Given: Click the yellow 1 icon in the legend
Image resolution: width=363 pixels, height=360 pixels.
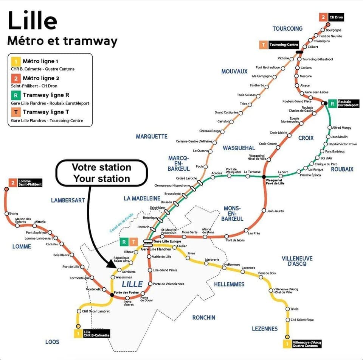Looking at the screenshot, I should point(15,61).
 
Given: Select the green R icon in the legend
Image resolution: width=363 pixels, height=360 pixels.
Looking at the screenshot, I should point(15,95).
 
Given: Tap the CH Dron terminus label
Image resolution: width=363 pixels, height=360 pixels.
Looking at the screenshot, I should point(336,17).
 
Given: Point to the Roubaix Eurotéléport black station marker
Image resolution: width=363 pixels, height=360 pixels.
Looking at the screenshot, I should point(324,103).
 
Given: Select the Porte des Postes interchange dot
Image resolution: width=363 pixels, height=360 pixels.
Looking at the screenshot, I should point(112,295).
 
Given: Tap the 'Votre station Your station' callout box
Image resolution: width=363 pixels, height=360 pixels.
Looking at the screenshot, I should point(101,173).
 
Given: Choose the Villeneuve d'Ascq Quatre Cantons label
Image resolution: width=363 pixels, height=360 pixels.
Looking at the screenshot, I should point(307,343).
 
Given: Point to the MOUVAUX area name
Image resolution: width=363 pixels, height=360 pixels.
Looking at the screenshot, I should point(234,71).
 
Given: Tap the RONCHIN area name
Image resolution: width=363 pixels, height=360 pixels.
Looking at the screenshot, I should point(203,317).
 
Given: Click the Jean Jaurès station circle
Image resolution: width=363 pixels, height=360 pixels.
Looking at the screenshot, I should point(264,210).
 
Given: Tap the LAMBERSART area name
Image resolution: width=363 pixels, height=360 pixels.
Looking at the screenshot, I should point(68,200).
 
